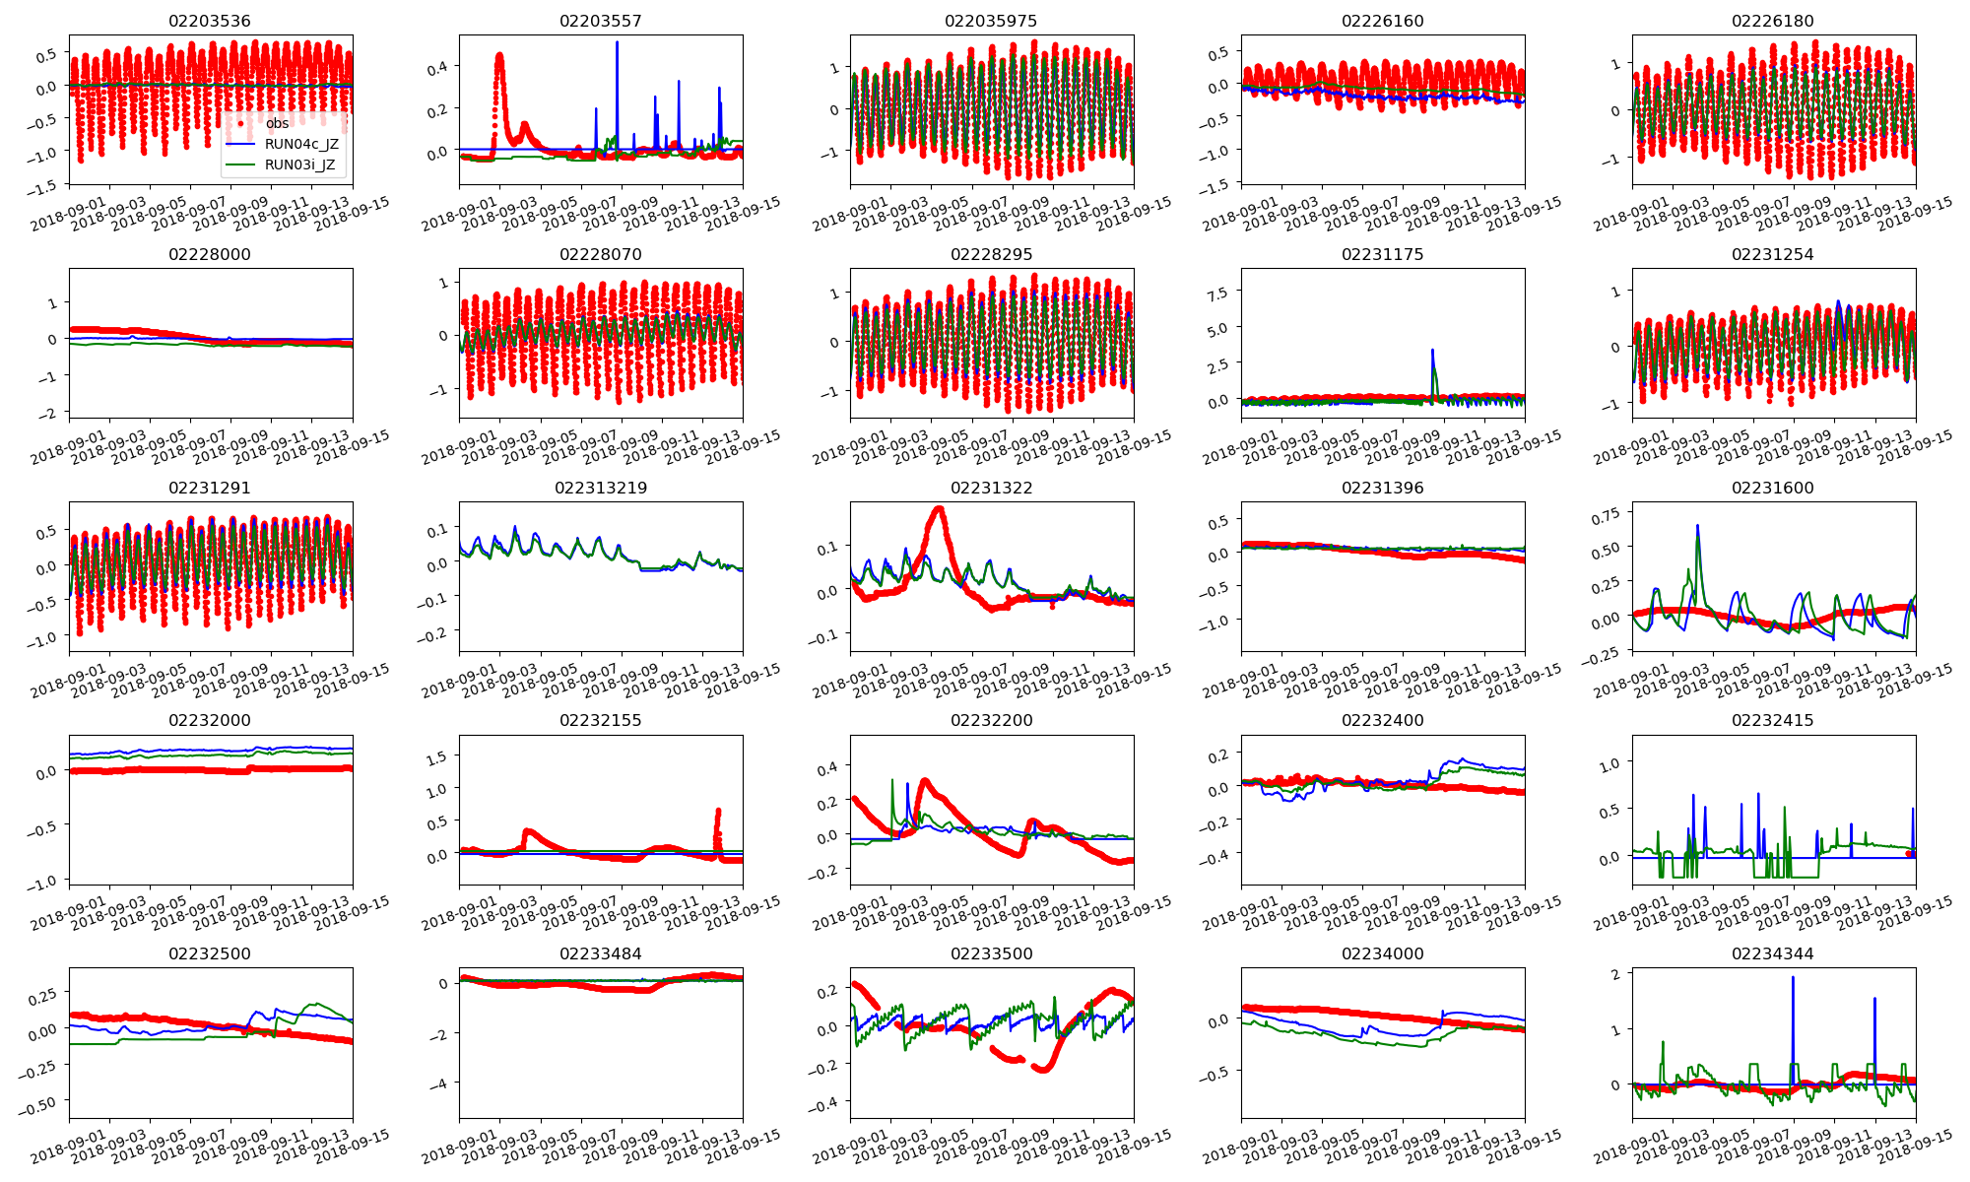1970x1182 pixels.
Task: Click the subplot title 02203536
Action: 210,21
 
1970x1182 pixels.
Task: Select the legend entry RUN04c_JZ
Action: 301,144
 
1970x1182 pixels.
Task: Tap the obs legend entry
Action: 278,123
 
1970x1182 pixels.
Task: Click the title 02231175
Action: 1383,254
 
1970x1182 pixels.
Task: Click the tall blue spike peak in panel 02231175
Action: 1432,350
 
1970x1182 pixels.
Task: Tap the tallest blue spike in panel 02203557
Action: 618,42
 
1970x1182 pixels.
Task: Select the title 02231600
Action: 1773,488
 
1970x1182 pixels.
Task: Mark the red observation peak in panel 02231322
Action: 940,509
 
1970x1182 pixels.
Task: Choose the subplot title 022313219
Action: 601,488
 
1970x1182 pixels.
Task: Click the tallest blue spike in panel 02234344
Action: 1793,977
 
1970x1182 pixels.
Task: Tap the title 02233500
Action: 992,953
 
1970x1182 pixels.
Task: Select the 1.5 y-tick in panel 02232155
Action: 435,756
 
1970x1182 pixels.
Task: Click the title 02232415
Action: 1773,720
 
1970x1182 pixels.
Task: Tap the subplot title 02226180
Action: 1773,21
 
